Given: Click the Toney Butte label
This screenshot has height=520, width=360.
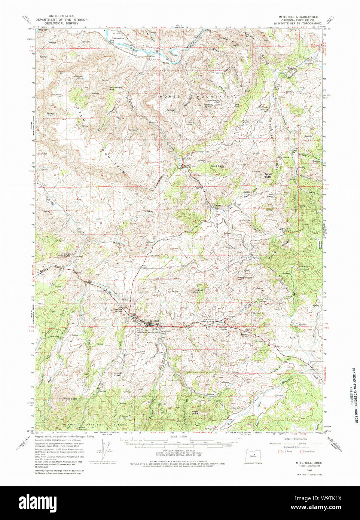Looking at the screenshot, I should (x=268, y=175).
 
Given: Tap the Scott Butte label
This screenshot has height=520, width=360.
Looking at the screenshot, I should (x=217, y=166).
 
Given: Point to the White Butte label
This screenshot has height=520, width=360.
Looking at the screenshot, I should (x=70, y=399).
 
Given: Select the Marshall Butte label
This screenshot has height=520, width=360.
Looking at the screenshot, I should (x=198, y=290).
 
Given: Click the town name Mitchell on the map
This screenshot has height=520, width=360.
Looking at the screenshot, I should (x=154, y=321).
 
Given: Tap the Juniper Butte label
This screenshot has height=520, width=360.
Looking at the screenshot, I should (x=117, y=374).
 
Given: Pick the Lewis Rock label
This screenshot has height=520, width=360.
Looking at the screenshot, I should (x=195, y=412).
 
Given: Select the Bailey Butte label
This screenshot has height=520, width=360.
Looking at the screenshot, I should (x=119, y=310).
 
